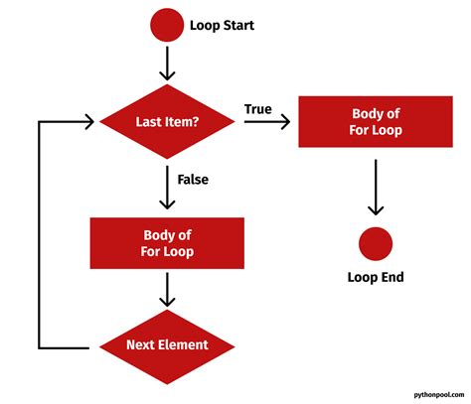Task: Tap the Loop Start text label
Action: pyautogui.click(x=222, y=24)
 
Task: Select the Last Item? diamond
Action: pyautogui.click(x=168, y=122)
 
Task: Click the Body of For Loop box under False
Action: pyautogui.click(x=168, y=244)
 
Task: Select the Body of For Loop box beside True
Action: pyautogui.click(x=376, y=122)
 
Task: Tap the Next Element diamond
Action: pyautogui.click(x=168, y=344)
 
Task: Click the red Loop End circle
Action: pyautogui.click(x=376, y=244)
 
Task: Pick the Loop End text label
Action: pyautogui.click(x=376, y=278)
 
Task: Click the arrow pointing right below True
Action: pyautogui.click(x=266, y=122)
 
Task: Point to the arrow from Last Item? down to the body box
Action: pyautogui.click(x=168, y=189)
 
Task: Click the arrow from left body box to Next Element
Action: pyautogui.click(x=168, y=290)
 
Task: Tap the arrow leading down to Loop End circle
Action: pyautogui.click(x=376, y=189)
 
